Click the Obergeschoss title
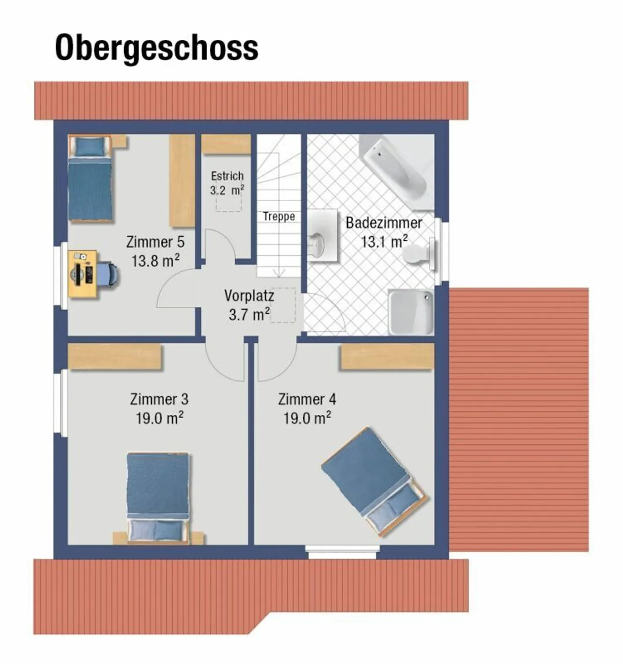157,48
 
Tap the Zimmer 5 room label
155,242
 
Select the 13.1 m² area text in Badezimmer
384,242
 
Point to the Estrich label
227,176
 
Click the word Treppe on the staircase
279,216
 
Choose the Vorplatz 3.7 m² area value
249,315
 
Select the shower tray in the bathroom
411,312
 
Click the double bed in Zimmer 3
158,498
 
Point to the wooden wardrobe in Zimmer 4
387,357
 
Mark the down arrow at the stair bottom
279,273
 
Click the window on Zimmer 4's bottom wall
342,549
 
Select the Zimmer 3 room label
159,399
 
